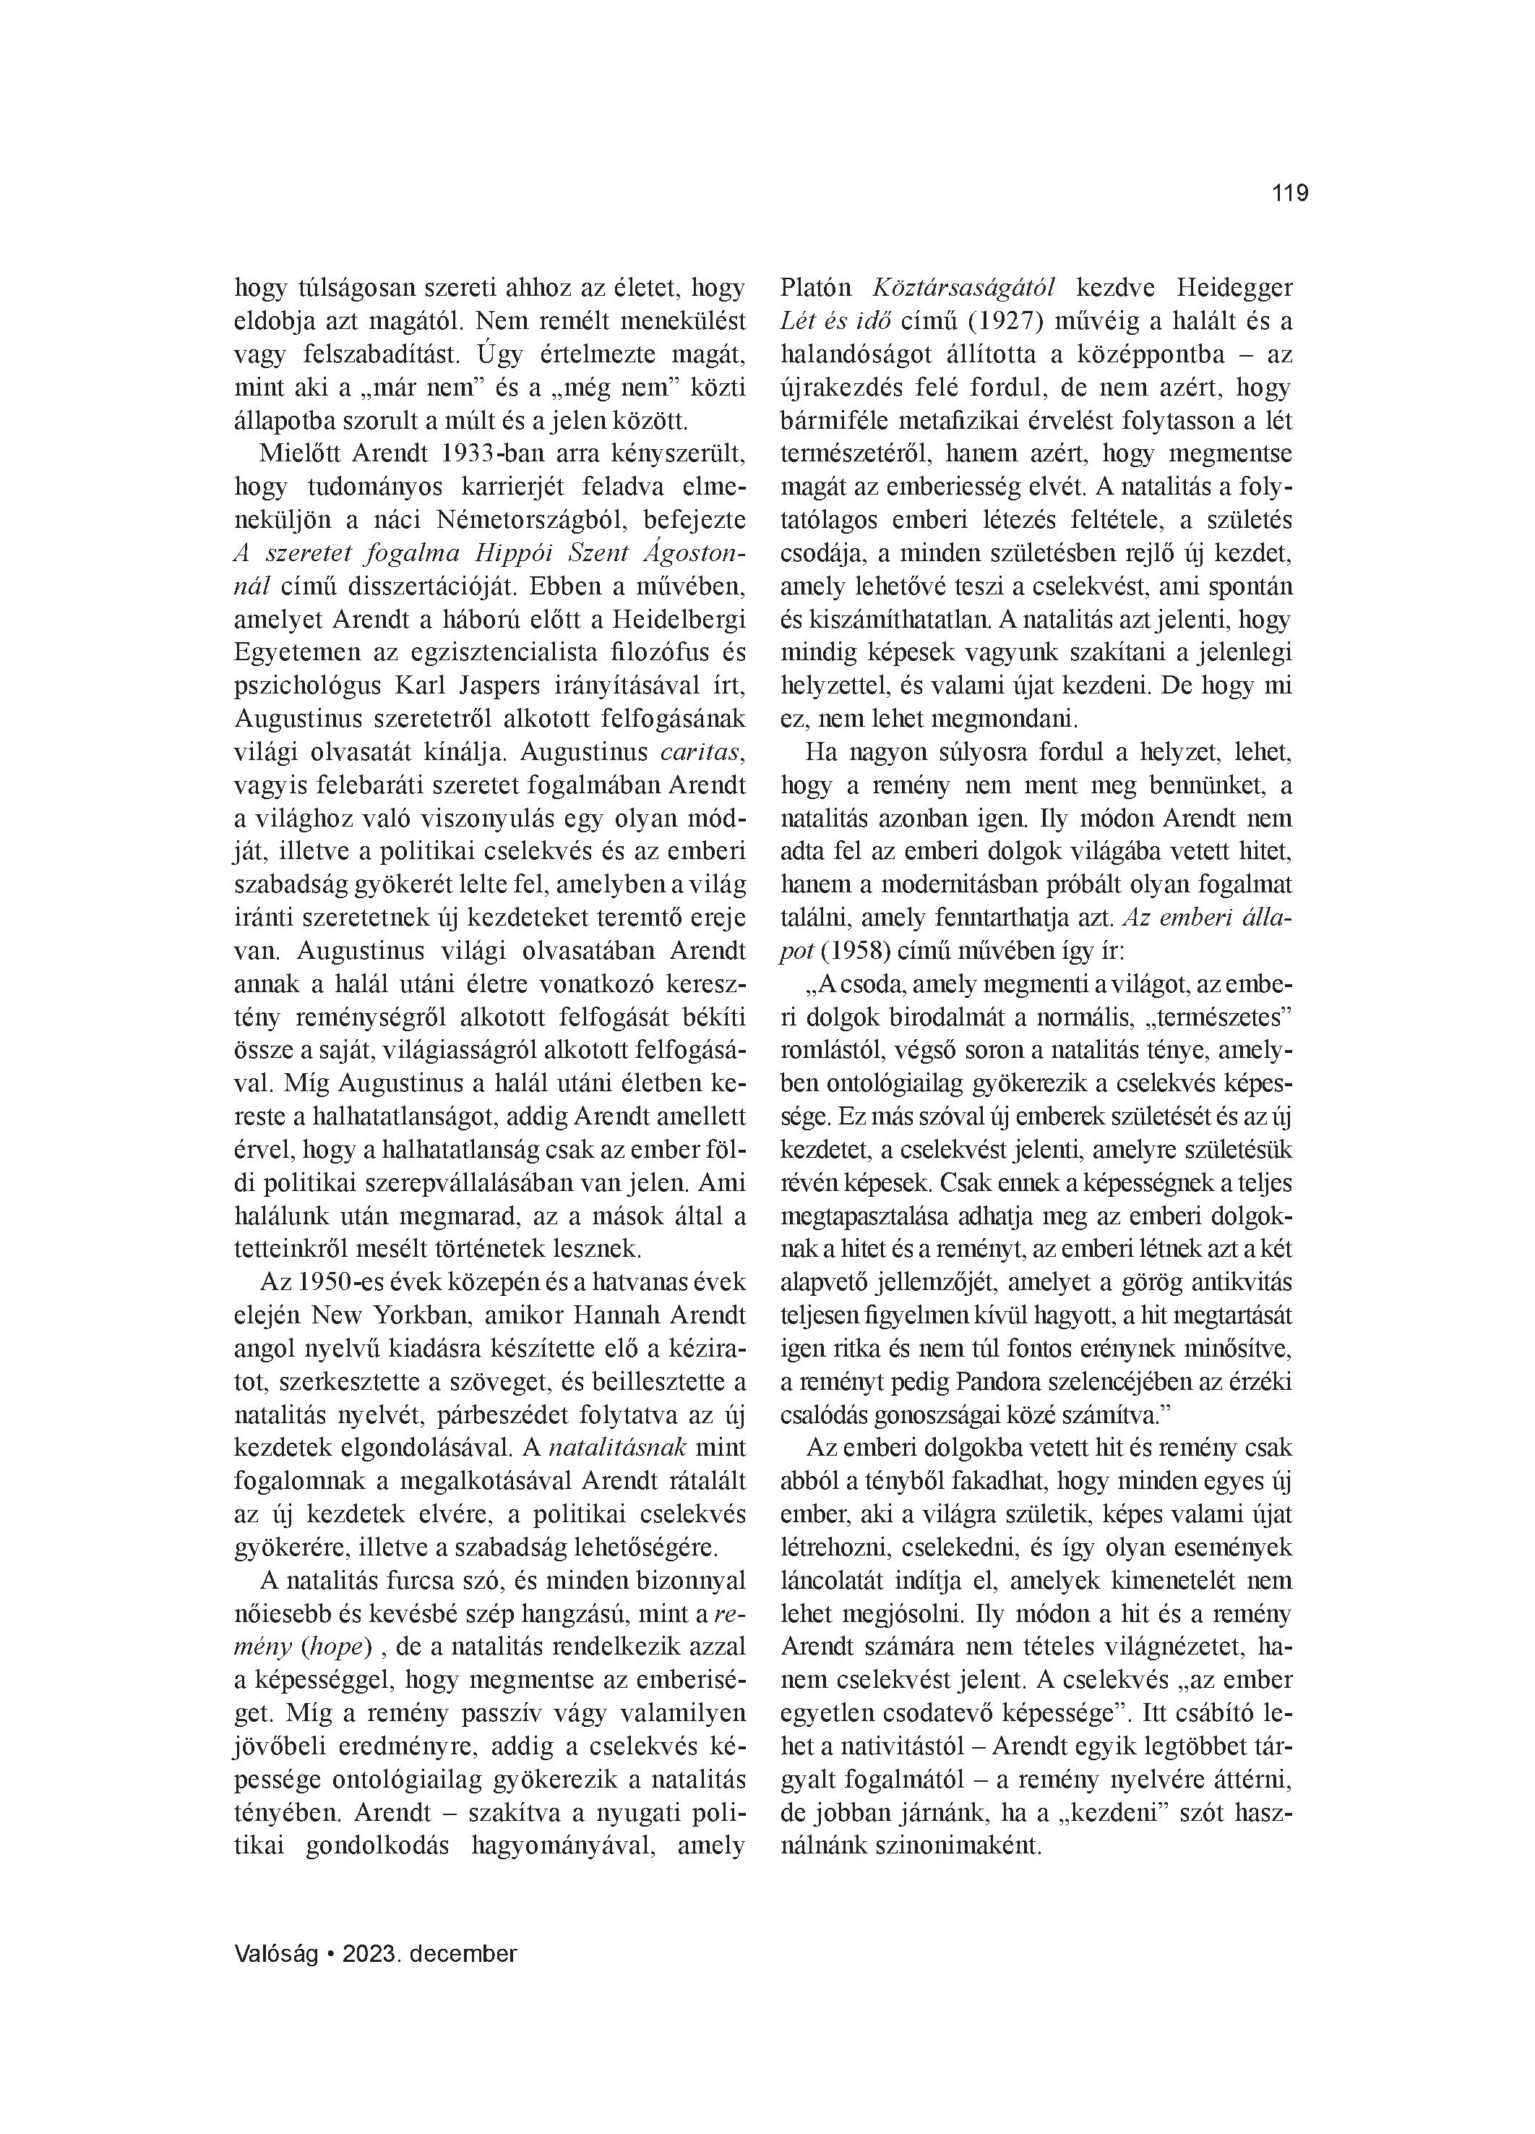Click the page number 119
[1289, 194]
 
